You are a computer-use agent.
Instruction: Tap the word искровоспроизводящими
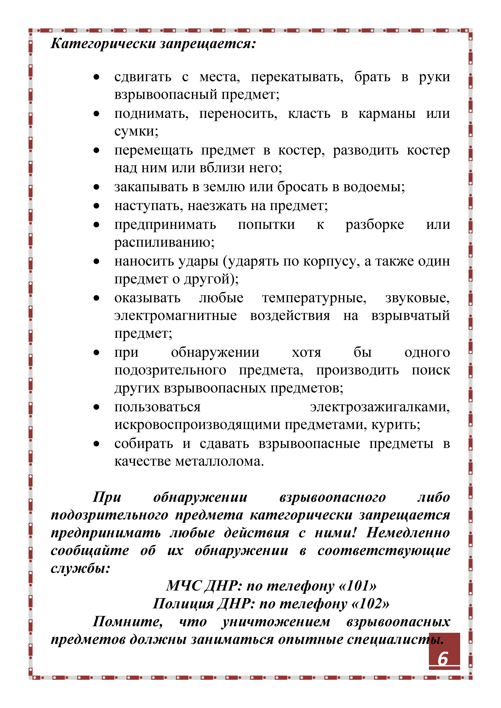point(197,425)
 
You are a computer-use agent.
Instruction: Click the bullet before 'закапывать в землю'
point(97,187)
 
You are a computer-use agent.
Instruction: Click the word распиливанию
point(164,242)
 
